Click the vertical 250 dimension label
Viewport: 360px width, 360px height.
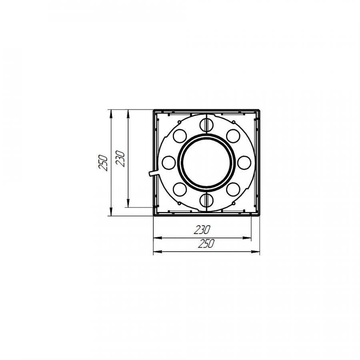tap(103, 163)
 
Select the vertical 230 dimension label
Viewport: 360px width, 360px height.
tap(120, 158)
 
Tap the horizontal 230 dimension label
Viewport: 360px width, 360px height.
tap(202, 230)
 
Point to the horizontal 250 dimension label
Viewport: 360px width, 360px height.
tap(206, 244)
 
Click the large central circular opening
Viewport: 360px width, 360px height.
tap(207, 162)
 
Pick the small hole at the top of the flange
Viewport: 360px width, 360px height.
tap(207, 125)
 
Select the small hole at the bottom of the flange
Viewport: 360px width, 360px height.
tap(207, 200)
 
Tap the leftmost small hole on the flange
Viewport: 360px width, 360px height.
tap(169, 163)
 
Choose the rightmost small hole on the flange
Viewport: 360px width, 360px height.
tap(244, 163)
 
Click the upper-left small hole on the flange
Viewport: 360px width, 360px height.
tap(180, 136)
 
